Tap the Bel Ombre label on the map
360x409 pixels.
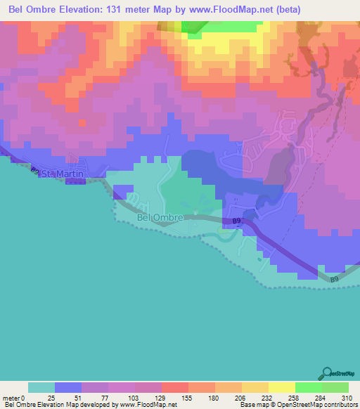click(160, 218)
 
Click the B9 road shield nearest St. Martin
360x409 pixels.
click(35, 169)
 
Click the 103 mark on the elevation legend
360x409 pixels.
click(134, 398)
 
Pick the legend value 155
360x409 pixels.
click(187, 398)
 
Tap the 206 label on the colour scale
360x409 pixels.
click(240, 398)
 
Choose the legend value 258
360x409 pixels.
click(294, 398)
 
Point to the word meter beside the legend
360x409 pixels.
click(12, 398)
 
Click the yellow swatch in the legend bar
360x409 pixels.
click(281, 387)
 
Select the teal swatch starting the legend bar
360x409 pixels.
click(41, 387)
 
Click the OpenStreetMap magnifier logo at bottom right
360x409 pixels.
click(325, 372)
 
